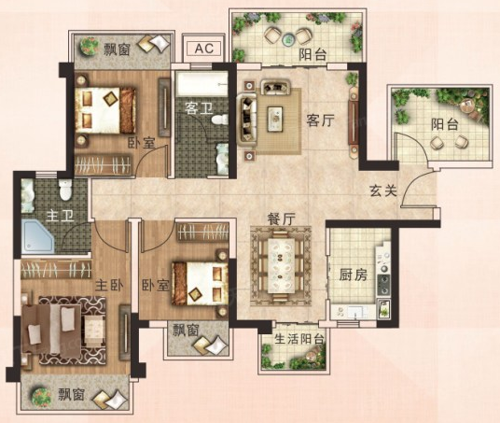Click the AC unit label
(x=204, y=49)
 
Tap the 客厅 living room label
(x=320, y=120)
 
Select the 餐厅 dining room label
(x=281, y=219)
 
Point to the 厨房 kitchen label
(x=353, y=275)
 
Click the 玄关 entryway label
(x=383, y=190)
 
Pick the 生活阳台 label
(x=299, y=339)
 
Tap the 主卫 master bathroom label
(x=60, y=216)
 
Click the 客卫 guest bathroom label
(x=200, y=108)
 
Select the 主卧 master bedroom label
(x=109, y=285)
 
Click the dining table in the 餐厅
(x=281, y=266)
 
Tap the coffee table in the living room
(x=275, y=119)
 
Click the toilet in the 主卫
(x=65, y=190)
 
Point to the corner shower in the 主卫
(x=37, y=235)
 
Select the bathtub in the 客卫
(x=201, y=84)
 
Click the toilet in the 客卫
(x=220, y=120)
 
